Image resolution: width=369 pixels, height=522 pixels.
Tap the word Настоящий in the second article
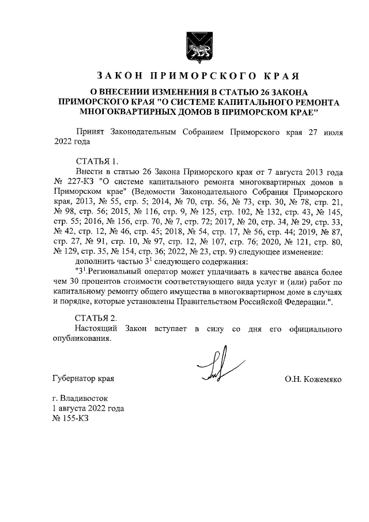pyautogui.click(x=96, y=328)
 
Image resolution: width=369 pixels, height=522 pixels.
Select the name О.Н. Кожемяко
pyautogui.click(x=313, y=379)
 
